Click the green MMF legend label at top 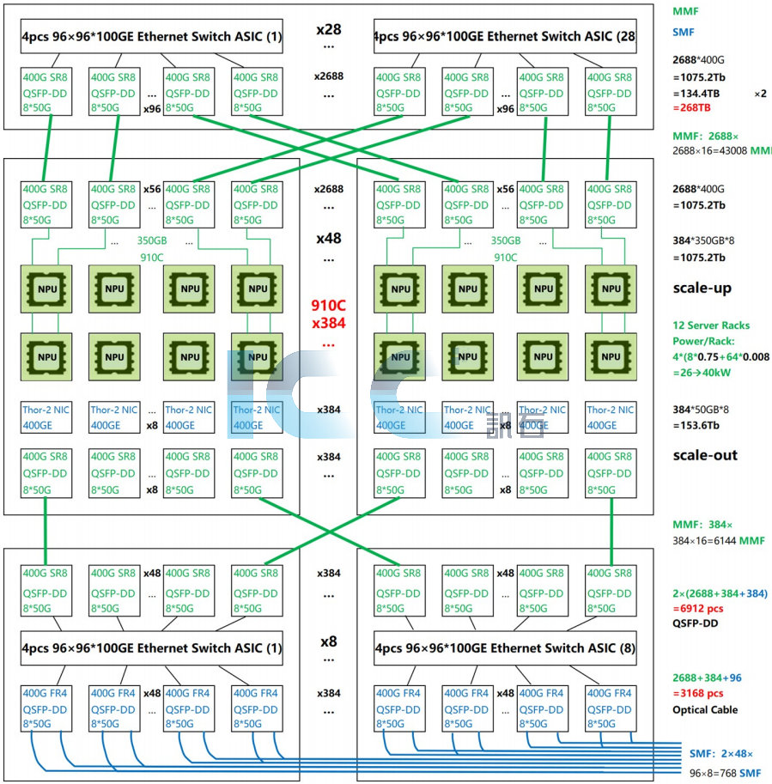coord(687,10)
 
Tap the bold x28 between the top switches coord(329,30)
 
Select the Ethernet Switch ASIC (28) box coord(505,37)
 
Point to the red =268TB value coord(696,108)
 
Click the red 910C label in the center coord(329,305)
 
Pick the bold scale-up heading coord(702,289)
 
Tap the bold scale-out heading coord(704,455)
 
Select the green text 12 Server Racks coord(711,325)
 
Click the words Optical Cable coord(704,710)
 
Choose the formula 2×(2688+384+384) coord(720,593)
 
